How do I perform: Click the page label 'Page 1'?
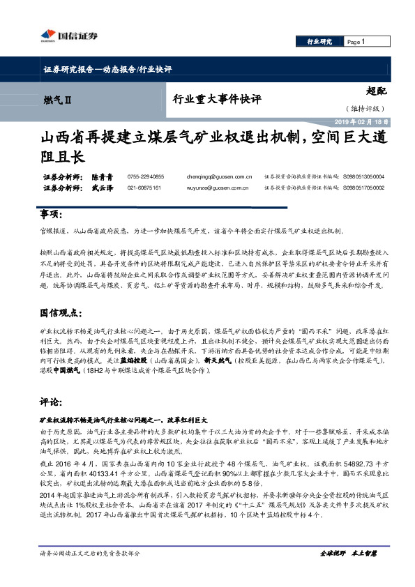click(x=357, y=43)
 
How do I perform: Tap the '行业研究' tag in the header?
click(x=319, y=43)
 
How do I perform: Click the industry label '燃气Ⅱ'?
click(x=55, y=100)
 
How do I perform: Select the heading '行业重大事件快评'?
click(x=216, y=100)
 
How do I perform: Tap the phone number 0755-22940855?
click(x=146, y=177)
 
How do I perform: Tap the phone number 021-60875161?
click(x=144, y=188)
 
